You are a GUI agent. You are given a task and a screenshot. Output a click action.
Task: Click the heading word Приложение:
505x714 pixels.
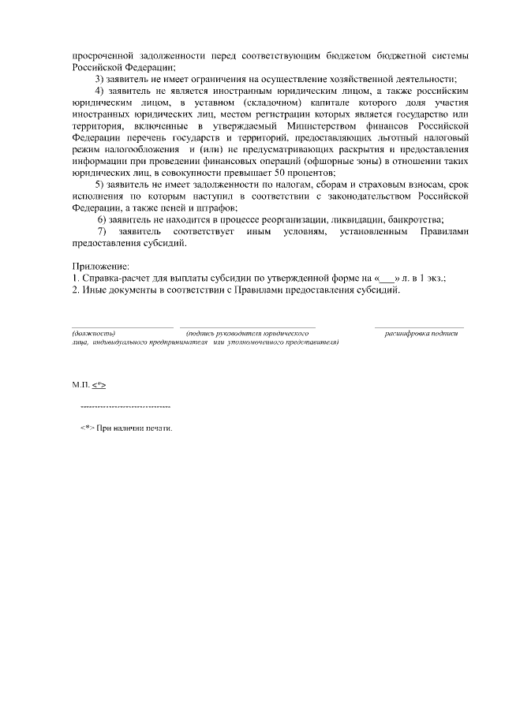click(x=100, y=267)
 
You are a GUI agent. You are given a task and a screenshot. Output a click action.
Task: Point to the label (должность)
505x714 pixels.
click(x=93, y=334)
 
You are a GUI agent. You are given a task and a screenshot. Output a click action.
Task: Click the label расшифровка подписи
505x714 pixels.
click(x=421, y=334)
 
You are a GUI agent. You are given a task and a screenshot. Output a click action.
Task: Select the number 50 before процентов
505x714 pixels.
click(x=280, y=172)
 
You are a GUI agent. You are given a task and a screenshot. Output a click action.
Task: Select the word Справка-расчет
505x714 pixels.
click(x=114, y=278)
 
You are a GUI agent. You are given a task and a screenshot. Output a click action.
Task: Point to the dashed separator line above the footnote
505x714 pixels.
click(x=125, y=407)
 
